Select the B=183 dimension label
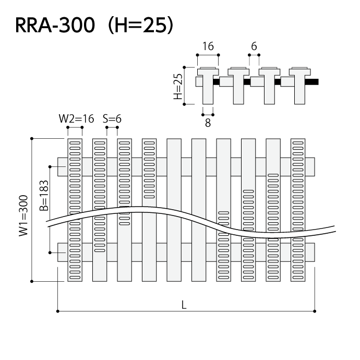(x=44, y=195)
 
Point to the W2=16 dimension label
(x=76, y=118)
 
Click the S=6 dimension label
(x=112, y=118)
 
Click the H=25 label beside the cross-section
(x=178, y=86)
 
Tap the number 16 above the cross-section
(x=208, y=46)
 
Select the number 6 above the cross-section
(x=254, y=46)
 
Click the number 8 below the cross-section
(x=208, y=123)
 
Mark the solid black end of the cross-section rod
(x=313, y=82)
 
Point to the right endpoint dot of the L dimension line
(x=315, y=311)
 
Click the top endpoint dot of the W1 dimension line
(x=32, y=138)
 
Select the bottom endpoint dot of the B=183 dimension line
(x=50, y=252)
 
